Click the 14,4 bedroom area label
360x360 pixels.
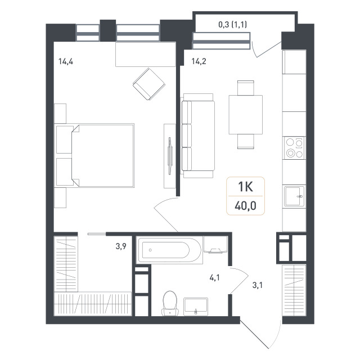66,61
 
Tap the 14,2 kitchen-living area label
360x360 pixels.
199,61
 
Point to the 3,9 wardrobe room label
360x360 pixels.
121,246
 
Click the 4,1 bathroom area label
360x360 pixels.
214,277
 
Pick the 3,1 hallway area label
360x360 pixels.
258,285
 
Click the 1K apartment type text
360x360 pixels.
245,186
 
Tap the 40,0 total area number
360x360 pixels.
245,206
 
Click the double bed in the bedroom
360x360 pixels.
102,155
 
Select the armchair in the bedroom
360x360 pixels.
149,84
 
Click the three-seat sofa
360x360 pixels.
198,136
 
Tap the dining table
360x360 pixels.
245,115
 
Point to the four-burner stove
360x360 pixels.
294,148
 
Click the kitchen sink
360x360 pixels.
294,196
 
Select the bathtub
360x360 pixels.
169,250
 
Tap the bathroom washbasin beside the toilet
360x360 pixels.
196,306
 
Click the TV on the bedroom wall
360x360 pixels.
170,156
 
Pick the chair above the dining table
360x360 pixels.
246,88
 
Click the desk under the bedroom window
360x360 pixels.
146,55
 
